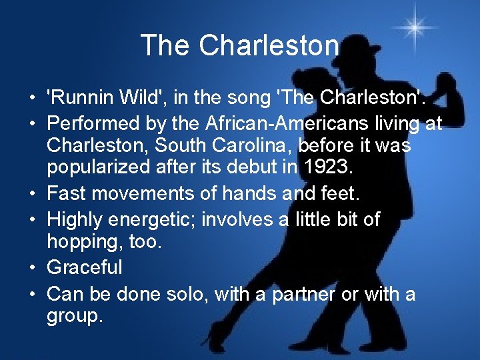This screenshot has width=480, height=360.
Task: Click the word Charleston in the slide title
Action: [x=269, y=46]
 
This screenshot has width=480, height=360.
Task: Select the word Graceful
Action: [x=85, y=267]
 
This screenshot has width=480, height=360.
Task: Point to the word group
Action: [x=75, y=317]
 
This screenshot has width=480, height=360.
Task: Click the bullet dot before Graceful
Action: [x=33, y=269]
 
